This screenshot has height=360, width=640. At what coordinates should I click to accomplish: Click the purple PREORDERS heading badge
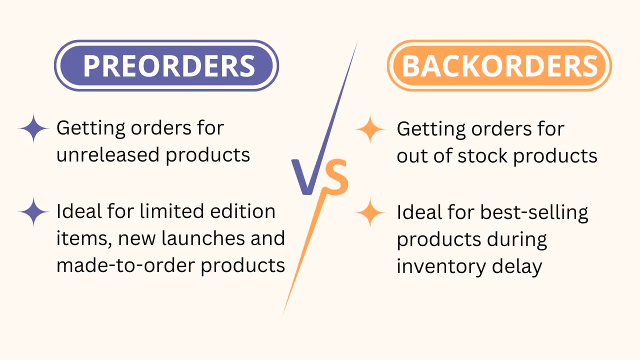(x=166, y=65)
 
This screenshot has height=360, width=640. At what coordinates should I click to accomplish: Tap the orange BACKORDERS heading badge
(x=499, y=65)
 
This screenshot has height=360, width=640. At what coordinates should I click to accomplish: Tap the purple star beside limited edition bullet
(x=33, y=212)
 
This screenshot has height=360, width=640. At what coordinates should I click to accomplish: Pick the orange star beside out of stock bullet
(x=370, y=129)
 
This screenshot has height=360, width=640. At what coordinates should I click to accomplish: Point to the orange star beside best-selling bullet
(x=370, y=213)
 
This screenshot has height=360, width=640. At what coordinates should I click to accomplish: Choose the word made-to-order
(x=125, y=264)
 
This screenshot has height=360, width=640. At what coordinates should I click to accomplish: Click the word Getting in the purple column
(x=91, y=128)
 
